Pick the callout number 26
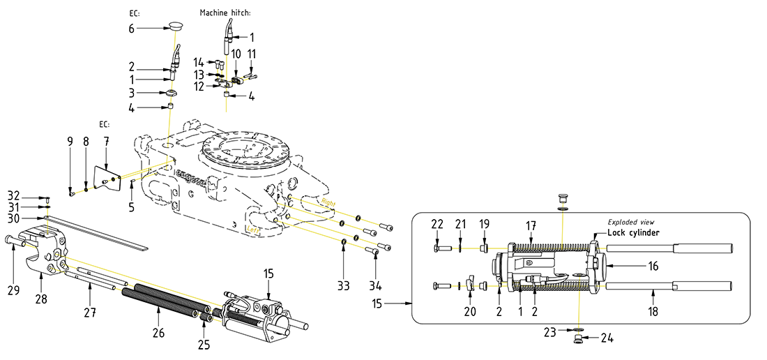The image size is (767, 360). [158, 333]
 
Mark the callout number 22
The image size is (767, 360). [437, 223]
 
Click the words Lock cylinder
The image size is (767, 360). [633, 232]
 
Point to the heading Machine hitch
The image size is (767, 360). [225, 13]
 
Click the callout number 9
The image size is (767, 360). [70, 141]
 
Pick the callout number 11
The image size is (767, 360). [252, 53]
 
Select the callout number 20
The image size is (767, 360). [470, 312]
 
